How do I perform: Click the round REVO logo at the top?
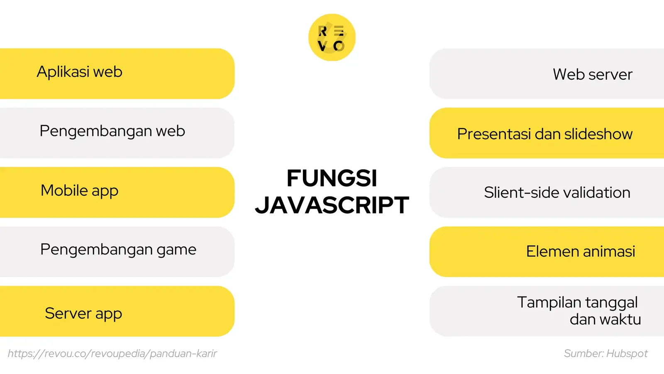click(x=332, y=37)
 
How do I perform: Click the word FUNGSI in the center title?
click(x=332, y=178)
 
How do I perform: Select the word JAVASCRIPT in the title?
click(x=332, y=205)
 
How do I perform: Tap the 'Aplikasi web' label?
click(x=79, y=72)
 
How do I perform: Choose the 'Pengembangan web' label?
click(x=112, y=131)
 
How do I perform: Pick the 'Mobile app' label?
click(x=79, y=191)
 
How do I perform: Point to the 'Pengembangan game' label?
click(x=118, y=250)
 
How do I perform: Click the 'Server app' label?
click(x=83, y=313)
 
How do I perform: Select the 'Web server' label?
click(x=592, y=74)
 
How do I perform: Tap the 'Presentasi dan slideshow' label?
click(x=544, y=134)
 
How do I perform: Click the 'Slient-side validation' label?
click(x=557, y=192)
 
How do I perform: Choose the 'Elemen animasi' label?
click(x=580, y=251)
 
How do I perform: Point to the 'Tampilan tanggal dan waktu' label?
click(x=579, y=311)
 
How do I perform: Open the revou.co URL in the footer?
click(x=112, y=354)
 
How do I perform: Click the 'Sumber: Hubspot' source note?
click(x=605, y=354)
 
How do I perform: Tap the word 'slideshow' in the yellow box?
click(x=598, y=134)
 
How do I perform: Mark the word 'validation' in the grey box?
click(x=596, y=192)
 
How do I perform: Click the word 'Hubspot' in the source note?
click(x=627, y=354)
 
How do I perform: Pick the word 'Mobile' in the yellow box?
click(x=64, y=190)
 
